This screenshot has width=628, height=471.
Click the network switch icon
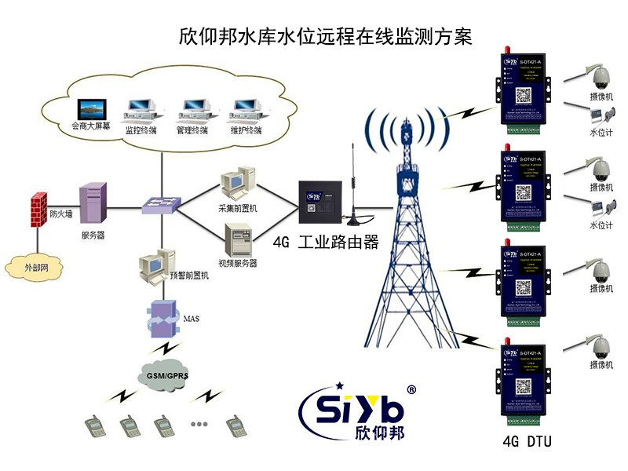(x=160, y=206)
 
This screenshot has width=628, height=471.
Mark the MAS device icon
(x=164, y=317)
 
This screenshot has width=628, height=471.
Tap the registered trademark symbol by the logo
(x=411, y=389)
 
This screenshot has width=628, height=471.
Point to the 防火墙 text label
(x=62, y=214)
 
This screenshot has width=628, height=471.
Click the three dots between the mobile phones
(x=199, y=424)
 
